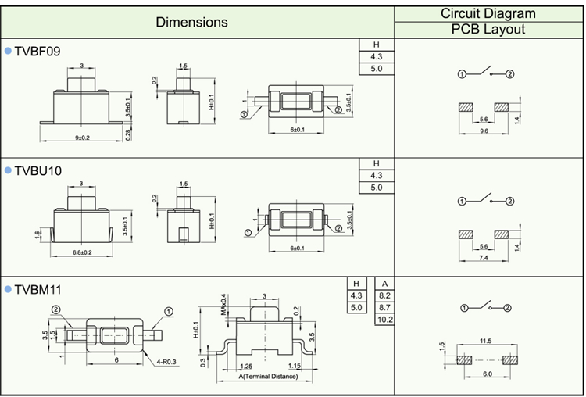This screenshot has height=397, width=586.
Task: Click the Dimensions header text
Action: click(191, 22)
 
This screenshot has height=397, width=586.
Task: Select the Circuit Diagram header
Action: click(488, 13)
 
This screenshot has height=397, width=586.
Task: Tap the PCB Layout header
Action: click(488, 30)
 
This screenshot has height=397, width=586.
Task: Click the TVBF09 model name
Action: click(38, 51)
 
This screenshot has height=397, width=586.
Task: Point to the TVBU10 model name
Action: click(38, 170)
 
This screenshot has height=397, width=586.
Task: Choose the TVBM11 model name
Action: click(38, 290)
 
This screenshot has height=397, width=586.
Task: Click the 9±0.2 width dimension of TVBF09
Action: click(82, 138)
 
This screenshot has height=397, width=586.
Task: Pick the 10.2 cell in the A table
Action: click(384, 320)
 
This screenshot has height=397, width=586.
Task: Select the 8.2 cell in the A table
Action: click(384, 296)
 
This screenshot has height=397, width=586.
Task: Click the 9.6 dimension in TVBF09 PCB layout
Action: click(484, 131)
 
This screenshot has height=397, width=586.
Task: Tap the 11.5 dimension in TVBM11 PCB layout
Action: click(485, 341)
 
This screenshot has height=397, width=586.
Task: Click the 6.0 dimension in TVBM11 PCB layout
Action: click(484, 374)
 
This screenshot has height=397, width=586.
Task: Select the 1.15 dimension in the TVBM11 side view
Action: click(295, 366)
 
